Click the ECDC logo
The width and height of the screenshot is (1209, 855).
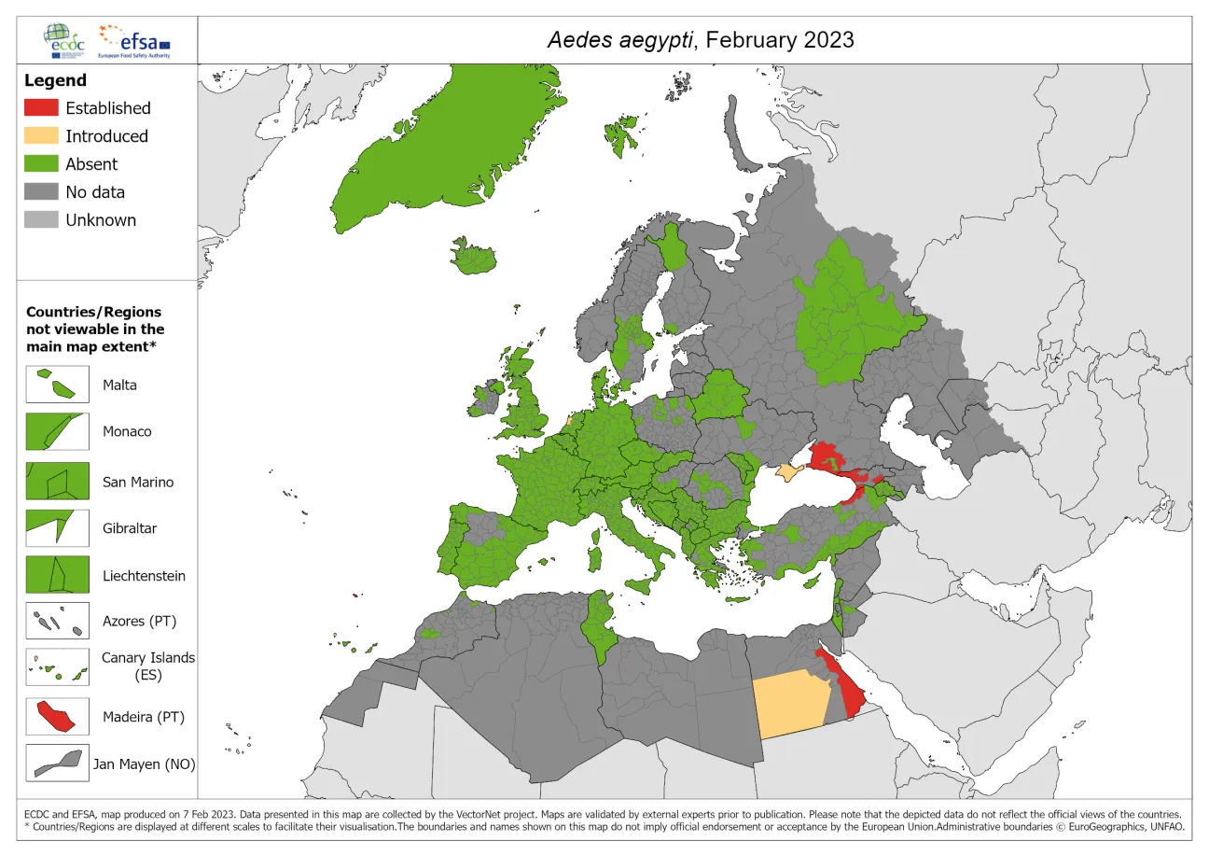click(x=66, y=39)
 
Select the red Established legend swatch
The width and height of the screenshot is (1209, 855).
click(x=41, y=108)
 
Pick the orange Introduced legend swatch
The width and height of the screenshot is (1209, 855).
click(x=41, y=136)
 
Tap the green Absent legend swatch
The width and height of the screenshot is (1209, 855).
click(x=41, y=164)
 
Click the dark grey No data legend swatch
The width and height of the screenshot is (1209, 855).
click(x=41, y=192)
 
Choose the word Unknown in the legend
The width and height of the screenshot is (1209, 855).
click(x=101, y=220)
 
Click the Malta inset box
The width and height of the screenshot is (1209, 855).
click(x=57, y=385)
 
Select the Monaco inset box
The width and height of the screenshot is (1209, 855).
click(x=57, y=432)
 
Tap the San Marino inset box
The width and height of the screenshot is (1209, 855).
click(x=57, y=482)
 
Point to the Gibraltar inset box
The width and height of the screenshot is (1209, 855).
click(x=57, y=527)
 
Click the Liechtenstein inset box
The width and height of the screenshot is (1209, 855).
click(x=57, y=575)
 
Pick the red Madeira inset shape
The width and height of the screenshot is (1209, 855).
click(x=55, y=718)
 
